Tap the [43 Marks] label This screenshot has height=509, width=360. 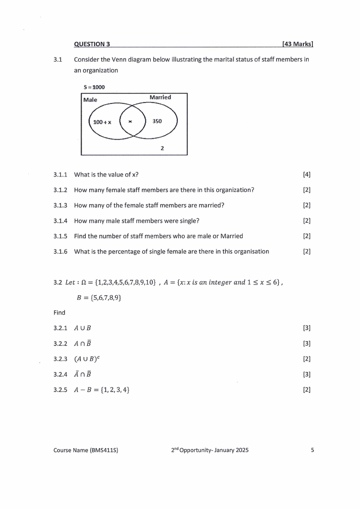tap(298, 44)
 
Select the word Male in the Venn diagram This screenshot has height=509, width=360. tap(90, 100)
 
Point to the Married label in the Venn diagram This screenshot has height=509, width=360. tap(160, 97)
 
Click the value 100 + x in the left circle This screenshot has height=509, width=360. tap(102, 122)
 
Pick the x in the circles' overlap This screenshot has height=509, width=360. tap(131, 122)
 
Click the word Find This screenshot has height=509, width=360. tap(59, 313)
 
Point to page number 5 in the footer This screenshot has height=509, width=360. tap(312, 450)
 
